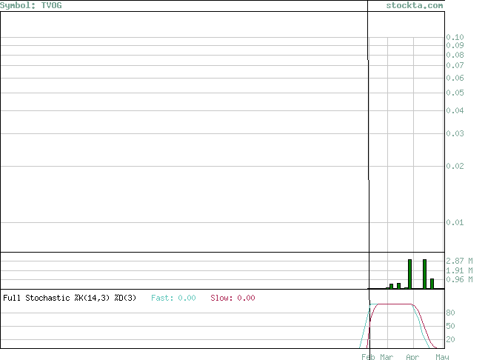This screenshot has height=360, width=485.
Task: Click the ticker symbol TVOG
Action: [x=51, y=6]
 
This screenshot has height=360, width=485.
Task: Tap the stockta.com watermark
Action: [x=415, y=6]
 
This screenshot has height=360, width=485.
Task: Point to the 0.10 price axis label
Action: [x=455, y=37]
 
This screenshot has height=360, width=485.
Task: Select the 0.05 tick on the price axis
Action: [x=455, y=93]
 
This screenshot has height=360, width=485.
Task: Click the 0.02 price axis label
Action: [x=455, y=166]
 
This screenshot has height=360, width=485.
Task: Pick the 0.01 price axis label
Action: [x=455, y=222]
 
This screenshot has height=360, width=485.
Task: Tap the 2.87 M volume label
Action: [x=459, y=261]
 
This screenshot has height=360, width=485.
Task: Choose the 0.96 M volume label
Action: [x=459, y=279]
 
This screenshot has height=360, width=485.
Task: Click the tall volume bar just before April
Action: [x=409, y=274]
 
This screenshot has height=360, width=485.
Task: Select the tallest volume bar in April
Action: [x=425, y=274]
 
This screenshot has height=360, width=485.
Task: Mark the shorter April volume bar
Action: [x=432, y=284]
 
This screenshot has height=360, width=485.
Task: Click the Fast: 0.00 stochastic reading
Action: [x=173, y=298]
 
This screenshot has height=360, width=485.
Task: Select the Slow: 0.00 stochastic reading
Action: [x=233, y=298]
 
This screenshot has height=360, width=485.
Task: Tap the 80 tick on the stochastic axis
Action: [x=450, y=313]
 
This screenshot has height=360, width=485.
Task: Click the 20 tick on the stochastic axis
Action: [x=450, y=339]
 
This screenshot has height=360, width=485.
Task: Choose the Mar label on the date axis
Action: [x=387, y=357]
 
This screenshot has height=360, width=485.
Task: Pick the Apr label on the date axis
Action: [x=412, y=357]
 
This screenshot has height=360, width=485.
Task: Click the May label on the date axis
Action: [x=442, y=357]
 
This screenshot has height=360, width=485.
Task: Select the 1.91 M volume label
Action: [x=459, y=270]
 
